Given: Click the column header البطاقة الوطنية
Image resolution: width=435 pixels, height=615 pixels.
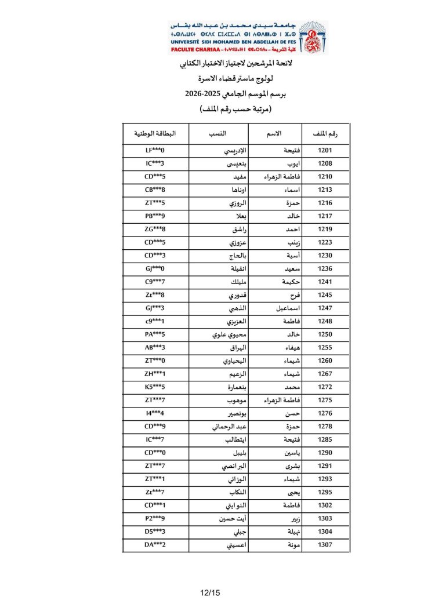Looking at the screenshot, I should tap(155, 134).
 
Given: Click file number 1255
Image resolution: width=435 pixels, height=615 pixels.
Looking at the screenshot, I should tap(325, 348).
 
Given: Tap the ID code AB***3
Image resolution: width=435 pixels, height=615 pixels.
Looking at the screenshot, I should tap(155, 348).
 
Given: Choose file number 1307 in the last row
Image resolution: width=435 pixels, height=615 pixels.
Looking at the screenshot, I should tap(325, 545).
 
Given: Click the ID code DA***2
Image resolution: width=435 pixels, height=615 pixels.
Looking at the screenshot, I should tap(155, 545).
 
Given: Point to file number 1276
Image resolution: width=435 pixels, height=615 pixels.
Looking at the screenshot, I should tap(325, 413).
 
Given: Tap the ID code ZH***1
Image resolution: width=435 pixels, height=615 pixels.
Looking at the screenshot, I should tap(155, 374).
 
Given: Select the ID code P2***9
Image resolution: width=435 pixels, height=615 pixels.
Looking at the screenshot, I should tap(155, 519).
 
